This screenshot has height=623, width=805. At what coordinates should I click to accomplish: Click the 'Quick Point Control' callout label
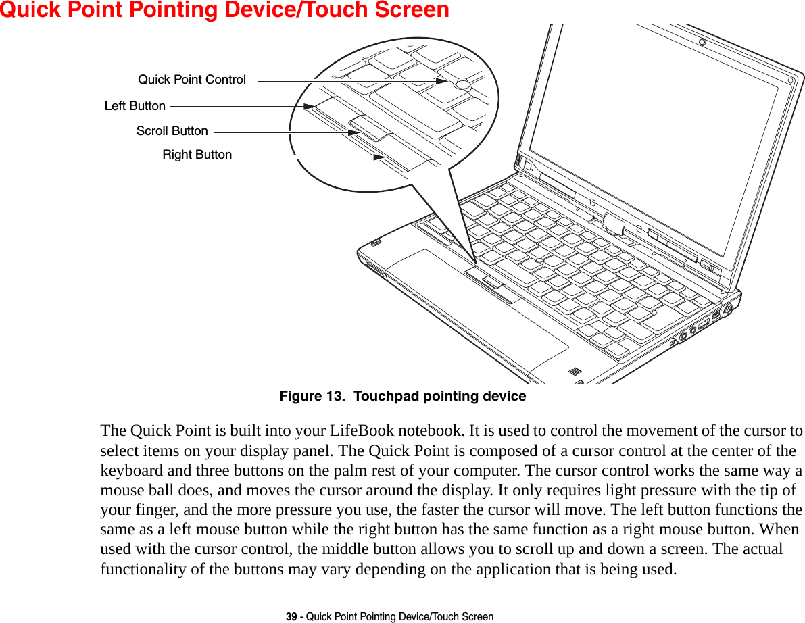pyautogui.click(x=192, y=80)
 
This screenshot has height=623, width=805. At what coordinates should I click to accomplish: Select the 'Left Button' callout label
pyautogui.click(x=135, y=106)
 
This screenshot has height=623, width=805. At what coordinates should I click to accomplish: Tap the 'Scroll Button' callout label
pyautogui.click(x=172, y=131)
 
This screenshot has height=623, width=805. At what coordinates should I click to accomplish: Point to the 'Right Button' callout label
pyautogui.click(x=197, y=155)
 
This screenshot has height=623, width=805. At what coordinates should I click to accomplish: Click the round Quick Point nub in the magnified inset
pyautogui.click(x=463, y=84)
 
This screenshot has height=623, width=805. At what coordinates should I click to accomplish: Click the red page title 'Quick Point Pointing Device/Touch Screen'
pyautogui.click(x=224, y=10)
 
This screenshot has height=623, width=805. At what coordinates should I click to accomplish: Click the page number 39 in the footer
pyautogui.click(x=291, y=616)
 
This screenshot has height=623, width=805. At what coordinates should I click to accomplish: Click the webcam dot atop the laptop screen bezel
pyautogui.click(x=702, y=43)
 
